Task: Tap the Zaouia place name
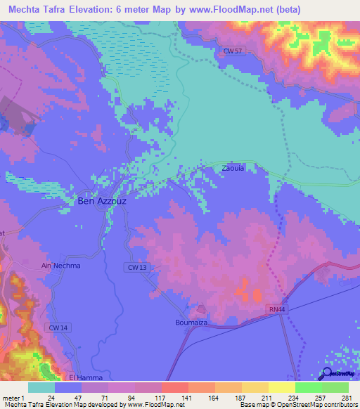coord(233,169)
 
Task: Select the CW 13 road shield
coord(139,267)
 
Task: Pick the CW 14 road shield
coord(59,328)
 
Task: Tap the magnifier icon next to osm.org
coord(328,375)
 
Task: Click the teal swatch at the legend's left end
coord(41,387)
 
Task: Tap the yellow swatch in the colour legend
coord(281,387)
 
